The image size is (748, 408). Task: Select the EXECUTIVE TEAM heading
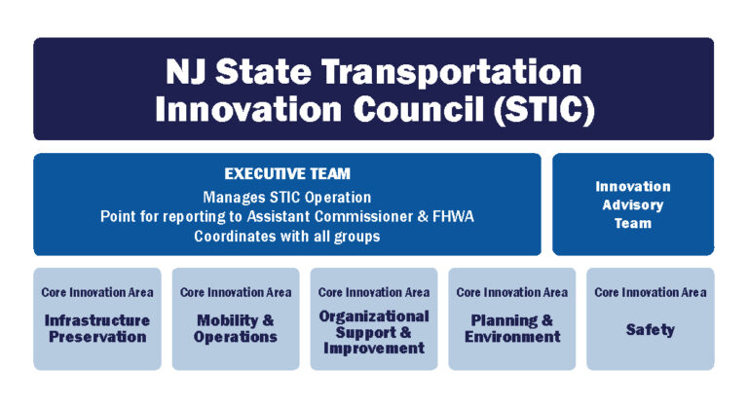click(287, 174)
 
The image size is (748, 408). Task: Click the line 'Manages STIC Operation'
click(287, 197)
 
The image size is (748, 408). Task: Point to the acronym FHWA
click(454, 216)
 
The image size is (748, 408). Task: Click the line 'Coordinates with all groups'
click(287, 236)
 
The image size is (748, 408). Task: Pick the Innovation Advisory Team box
click(633, 204)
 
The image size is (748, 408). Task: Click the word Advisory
click(633, 204)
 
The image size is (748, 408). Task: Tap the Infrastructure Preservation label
click(97, 328)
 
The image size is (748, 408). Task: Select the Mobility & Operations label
click(236, 328)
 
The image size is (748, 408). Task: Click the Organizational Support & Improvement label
click(374, 332)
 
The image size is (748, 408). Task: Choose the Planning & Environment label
click(512, 328)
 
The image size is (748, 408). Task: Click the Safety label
click(651, 330)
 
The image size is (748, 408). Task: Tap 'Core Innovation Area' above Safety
click(651, 292)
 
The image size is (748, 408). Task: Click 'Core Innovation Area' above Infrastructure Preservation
click(97, 292)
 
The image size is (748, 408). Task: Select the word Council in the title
click(415, 107)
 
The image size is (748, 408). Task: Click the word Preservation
click(97, 338)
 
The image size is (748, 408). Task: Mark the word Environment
click(512, 338)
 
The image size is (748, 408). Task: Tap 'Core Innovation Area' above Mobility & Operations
click(236, 292)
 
